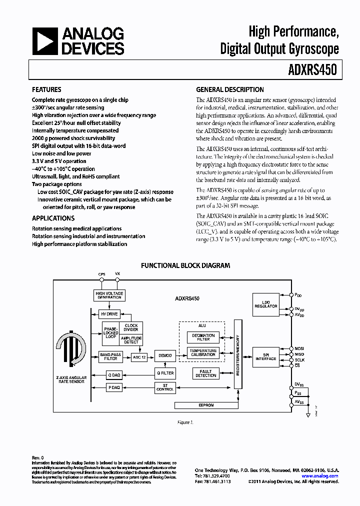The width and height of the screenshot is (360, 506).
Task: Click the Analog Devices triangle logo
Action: (x=45, y=41)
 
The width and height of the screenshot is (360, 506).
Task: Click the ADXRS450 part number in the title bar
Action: (x=312, y=70)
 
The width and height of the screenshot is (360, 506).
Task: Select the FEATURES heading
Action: (x=46, y=90)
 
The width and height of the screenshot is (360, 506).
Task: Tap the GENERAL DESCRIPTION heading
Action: (x=230, y=90)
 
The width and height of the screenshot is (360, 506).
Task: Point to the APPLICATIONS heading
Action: (x=53, y=218)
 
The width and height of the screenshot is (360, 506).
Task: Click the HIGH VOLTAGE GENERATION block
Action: (x=109, y=295)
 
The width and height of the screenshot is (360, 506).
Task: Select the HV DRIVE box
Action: (x=109, y=314)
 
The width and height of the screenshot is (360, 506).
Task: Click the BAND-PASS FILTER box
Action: (x=110, y=356)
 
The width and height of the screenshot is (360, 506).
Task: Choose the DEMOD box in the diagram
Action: (x=165, y=355)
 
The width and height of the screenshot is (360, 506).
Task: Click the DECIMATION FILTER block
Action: (x=203, y=337)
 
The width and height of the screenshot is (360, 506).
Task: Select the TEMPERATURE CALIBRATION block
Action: (x=203, y=352)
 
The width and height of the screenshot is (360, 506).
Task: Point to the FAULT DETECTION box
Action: (x=205, y=373)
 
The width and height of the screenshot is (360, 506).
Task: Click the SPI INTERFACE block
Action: (x=266, y=356)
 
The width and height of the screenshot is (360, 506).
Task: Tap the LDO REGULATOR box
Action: (x=265, y=304)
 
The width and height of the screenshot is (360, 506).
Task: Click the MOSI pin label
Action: (x=299, y=348)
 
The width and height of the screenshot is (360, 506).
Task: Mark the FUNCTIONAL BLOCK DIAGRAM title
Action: (x=185, y=265)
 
